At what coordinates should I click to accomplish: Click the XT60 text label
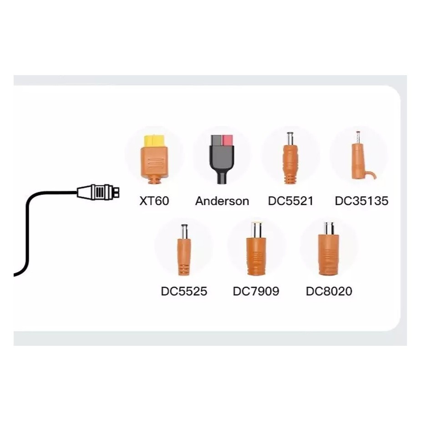[x=154, y=201]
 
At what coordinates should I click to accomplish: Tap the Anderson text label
[x=222, y=201]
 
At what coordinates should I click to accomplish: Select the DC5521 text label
[x=290, y=201]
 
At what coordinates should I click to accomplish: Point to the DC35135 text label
[x=361, y=201]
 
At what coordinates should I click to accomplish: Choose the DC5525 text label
[x=184, y=291]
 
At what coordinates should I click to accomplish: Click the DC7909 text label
[x=256, y=291]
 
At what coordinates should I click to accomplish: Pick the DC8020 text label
[x=329, y=291]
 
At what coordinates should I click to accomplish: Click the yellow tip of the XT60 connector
[x=154, y=140]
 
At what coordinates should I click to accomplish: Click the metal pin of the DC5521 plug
[x=290, y=138]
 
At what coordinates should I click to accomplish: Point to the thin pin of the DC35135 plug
[x=358, y=137]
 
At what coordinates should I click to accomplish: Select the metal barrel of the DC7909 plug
[x=256, y=229]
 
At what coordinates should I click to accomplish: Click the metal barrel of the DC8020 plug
[x=329, y=228]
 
